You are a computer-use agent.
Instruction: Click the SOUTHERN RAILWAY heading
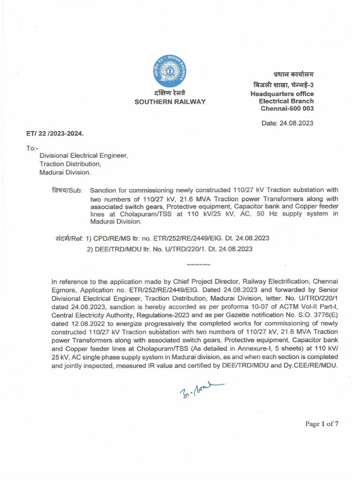pos(170,102)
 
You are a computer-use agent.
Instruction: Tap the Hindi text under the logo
pos(170,93)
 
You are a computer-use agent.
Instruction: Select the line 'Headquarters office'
pos(282,94)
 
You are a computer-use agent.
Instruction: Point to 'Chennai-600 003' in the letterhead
pos(287,109)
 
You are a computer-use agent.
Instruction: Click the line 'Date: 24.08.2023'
pos(287,123)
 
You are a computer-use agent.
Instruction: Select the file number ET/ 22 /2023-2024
pos(55,134)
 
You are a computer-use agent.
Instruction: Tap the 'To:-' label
pos(31,148)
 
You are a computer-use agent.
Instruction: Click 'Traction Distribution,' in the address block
pos(70,164)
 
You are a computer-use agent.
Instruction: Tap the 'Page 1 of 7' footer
pos(322,424)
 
